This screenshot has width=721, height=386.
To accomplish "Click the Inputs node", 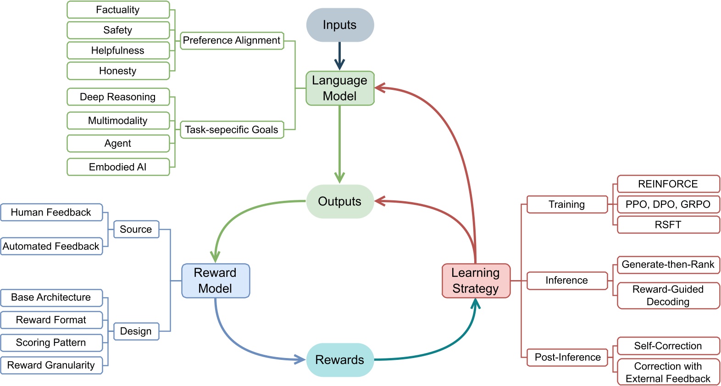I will (340, 25).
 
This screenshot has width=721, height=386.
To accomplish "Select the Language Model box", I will (340, 88).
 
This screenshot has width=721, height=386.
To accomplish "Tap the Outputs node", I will (340, 201).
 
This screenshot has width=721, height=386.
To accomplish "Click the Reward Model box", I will (216, 281).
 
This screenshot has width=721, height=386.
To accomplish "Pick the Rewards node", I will (340, 360).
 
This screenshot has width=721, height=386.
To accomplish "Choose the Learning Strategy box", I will (476, 281).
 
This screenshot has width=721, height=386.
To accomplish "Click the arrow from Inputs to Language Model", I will (340, 56).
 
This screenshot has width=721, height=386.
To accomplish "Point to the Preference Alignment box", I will (232, 40).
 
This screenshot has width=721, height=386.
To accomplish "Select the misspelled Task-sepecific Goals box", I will (232, 130).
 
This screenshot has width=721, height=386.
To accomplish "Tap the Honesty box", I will (118, 71).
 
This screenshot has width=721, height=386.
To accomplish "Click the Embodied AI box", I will (118, 167).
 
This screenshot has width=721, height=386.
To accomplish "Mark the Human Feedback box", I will (51, 212).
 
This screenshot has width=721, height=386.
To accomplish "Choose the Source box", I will (136, 229).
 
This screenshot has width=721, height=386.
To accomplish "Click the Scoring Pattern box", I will (51, 342).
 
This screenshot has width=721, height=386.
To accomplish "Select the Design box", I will (136, 331).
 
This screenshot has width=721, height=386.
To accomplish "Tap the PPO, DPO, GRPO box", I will (668, 204).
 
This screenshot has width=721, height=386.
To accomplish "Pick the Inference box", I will (566, 281).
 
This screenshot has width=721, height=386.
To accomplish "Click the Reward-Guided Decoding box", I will (668, 295).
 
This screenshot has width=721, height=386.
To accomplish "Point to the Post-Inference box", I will (567, 357).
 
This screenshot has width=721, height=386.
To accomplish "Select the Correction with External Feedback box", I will (668, 372).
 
